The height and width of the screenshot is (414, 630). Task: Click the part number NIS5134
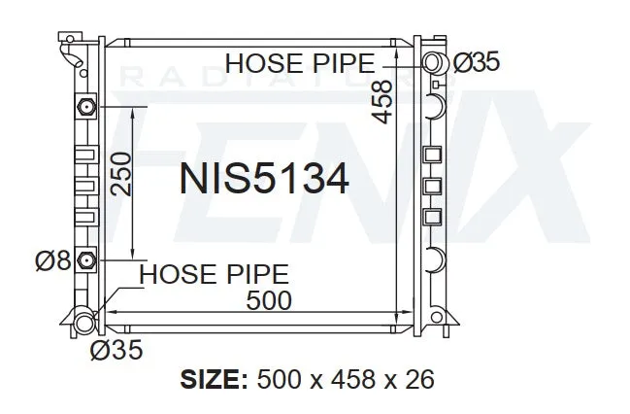pyautogui.click(x=264, y=179)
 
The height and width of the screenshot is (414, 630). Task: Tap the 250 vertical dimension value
pyautogui.click(x=121, y=175)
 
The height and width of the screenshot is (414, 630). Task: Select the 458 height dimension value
pyautogui.click(x=381, y=101)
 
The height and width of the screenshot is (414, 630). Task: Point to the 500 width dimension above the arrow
pyautogui.click(x=268, y=300)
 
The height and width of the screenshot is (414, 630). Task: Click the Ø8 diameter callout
pyautogui.click(x=53, y=260)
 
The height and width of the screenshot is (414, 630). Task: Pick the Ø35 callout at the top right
pyautogui.click(x=477, y=62)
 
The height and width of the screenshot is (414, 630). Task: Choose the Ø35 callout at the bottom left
pyautogui.click(x=116, y=349)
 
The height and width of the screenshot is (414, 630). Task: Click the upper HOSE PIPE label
pyautogui.click(x=300, y=63)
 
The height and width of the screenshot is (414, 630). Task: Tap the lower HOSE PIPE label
pyautogui.click(x=214, y=274)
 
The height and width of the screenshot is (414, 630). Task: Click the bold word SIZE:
pyautogui.click(x=214, y=379)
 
